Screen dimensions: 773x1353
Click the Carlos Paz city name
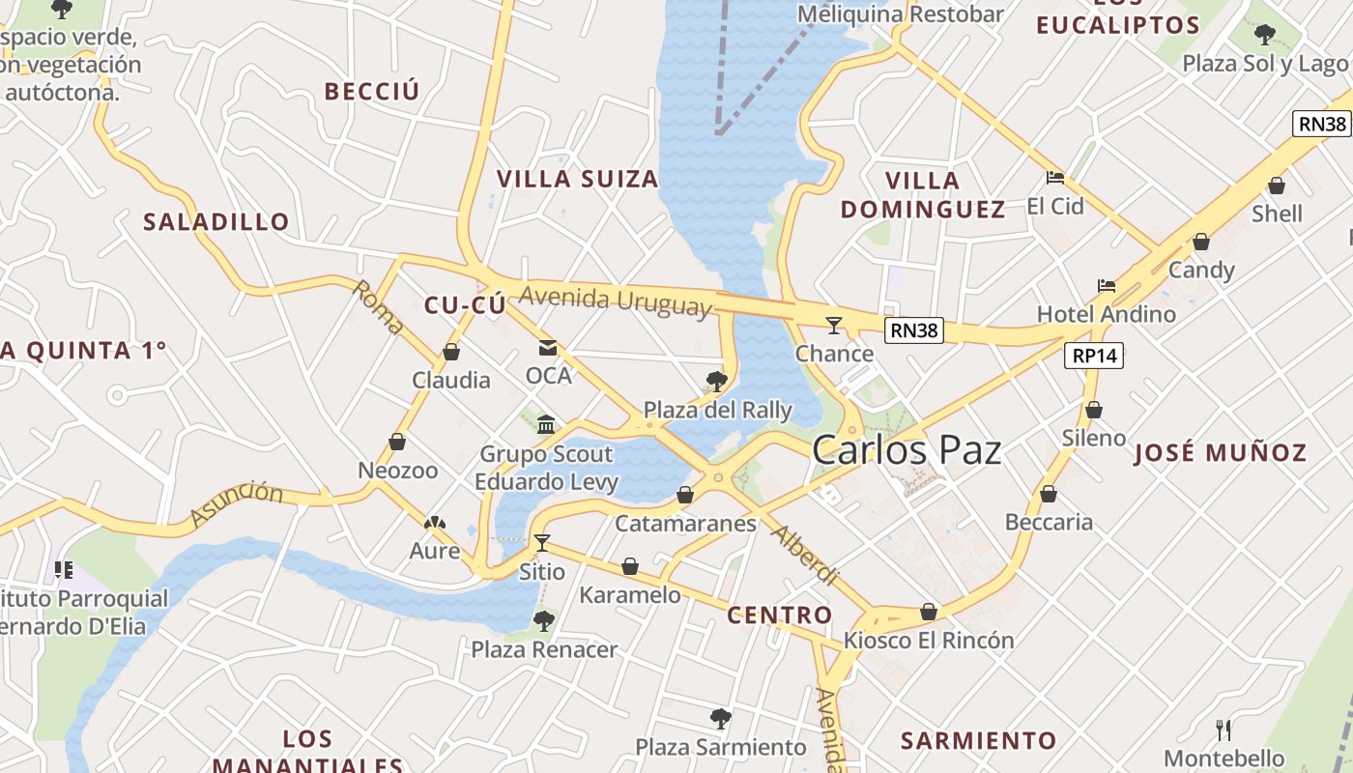click(x=907, y=450)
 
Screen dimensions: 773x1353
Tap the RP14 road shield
click(x=1094, y=356)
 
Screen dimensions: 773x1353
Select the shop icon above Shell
click(x=1277, y=186)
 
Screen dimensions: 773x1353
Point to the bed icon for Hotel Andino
click(x=1107, y=286)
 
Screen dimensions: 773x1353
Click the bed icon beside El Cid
click(x=1055, y=178)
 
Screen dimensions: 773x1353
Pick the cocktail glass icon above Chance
click(x=834, y=326)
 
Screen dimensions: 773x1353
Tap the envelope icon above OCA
click(x=548, y=348)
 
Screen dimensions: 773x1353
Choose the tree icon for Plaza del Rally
click(x=717, y=381)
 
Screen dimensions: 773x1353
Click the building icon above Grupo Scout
click(x=546, y=425)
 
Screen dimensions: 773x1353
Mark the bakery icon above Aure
click(x=435, y=524)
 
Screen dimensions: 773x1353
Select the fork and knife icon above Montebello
click(x=1223, y=730)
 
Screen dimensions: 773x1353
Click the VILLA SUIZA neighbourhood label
click(x=577, y=179)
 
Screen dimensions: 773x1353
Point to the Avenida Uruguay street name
click(x=615, y=301)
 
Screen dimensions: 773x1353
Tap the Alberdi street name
click(x=804, y=557)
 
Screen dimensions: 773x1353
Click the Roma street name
click(x=378, y=307)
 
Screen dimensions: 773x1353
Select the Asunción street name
click(x=237, y=504)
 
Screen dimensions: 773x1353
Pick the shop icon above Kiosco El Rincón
click(x=929, y=612)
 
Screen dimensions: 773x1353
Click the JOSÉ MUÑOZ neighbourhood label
click(x=1220, y=452)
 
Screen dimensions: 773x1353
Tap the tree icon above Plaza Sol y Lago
click(x=1264, y=36)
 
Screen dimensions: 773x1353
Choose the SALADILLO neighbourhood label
click(x=216, y=222)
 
